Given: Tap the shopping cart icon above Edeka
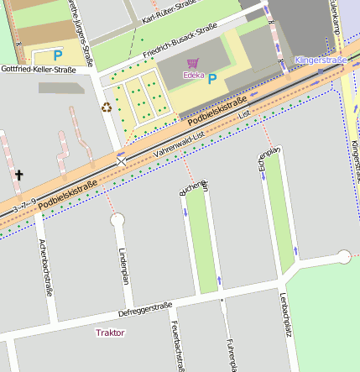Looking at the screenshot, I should (192, 63).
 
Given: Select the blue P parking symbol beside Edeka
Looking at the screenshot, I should (212, 78).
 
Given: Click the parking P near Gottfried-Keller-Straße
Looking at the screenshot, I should (58, 55).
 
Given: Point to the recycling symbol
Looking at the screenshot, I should (106, 107).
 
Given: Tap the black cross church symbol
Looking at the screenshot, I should (18, 175).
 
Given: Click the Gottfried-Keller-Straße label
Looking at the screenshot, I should (38, 69).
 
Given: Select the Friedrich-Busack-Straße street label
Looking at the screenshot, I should (180, 42).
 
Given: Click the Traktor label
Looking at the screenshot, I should (110, 333).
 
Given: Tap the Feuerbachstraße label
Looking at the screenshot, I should (177, 344).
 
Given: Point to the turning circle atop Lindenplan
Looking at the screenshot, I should (117, 220).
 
